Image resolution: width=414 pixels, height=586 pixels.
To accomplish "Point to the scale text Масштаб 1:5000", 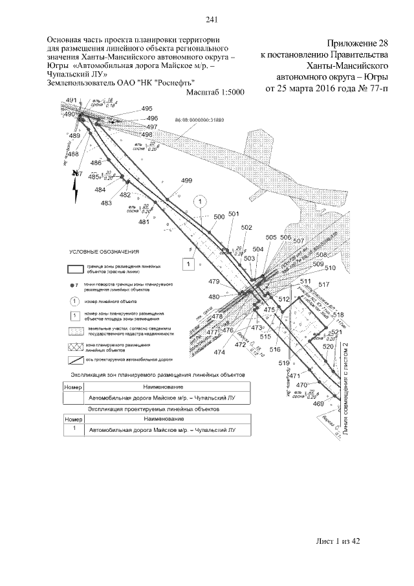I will click(215, 93).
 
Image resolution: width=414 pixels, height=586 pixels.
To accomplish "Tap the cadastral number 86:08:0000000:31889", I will click(203, 120).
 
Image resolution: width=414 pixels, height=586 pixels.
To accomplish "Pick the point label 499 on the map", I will click(187, 180).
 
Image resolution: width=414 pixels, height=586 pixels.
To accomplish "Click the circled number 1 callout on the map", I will click(201, 202).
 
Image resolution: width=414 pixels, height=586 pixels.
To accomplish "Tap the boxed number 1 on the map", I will click(188, 264).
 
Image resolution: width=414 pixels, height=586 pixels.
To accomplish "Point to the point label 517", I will click(324, 284).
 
